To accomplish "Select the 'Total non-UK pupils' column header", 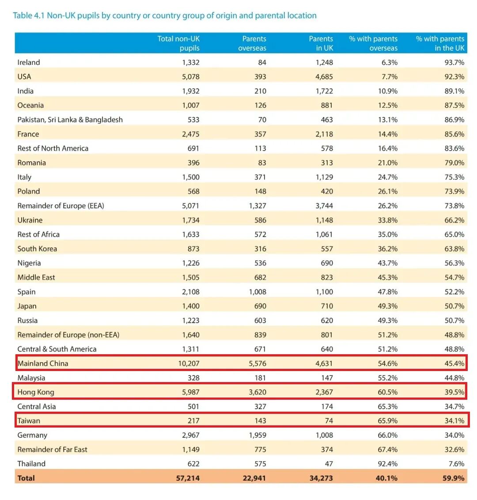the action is coord(178,43).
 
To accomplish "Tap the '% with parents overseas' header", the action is coord(373,43).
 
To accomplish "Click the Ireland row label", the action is coord(29,62).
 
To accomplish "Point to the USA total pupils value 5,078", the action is coord(191,76).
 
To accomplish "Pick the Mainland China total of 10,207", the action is coord(189,363).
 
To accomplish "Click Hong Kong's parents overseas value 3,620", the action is coord(257,392).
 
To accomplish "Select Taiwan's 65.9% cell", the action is coord(388,420).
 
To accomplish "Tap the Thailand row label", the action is coord(31,464).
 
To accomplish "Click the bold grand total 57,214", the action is coord(188,478).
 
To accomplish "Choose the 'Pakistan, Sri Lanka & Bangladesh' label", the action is coord(70,120).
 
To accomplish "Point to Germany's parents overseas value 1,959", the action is coord(257,435).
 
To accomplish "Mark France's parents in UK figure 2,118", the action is coord(324,134).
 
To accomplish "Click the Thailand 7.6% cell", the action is coord(456,464).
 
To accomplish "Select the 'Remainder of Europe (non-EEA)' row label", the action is coord(68,334).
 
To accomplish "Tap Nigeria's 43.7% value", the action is coord(388,263).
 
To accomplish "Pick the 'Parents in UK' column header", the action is coord(321,43).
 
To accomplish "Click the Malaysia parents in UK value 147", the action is coord(327,378).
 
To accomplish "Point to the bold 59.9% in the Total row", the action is coord(454,478).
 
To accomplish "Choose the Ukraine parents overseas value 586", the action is coord(260,220).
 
